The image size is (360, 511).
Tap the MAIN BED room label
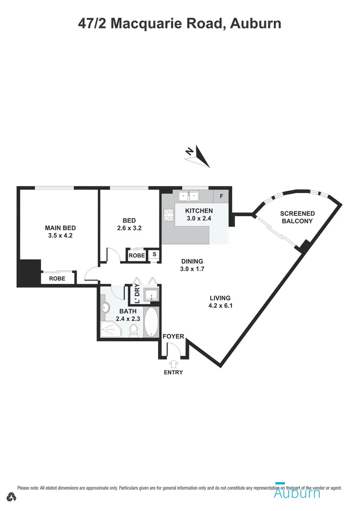pos(60,228)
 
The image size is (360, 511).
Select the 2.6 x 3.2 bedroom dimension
pos(129,228)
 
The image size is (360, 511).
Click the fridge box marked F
pos(221,196)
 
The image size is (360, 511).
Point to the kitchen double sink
pos(189,196)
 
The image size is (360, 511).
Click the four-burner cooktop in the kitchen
pos(169,215)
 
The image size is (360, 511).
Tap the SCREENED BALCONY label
pos(298,217)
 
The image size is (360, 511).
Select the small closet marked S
pos(154,254)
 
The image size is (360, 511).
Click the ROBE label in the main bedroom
pos(57,279)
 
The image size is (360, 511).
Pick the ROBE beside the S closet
pos(137,255)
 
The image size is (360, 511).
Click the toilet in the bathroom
pos(134,330)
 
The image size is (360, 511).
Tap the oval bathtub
pos(151,323)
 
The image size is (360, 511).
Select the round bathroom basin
pos(105,308)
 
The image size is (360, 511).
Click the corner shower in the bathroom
pos(110,329)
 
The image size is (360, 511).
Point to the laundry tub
pos(151,295)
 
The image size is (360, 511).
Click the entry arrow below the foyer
pos(174,364)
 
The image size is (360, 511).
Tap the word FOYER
pos(173,336)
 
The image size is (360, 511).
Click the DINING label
pos(192,261)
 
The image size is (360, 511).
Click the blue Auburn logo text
pos(297,493)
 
